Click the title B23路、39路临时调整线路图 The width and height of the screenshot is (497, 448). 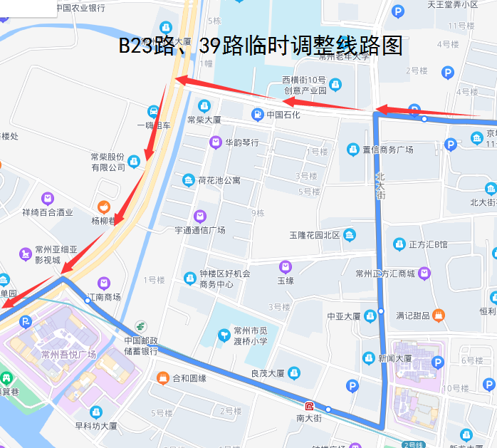pos(261,46)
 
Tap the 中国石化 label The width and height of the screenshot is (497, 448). pos(283,115)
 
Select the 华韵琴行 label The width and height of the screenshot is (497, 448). pos(241,142)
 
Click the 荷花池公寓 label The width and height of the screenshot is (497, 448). pos(219,180)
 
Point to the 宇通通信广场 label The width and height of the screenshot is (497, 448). pos(200,229)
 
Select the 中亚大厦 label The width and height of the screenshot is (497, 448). pos(344,316)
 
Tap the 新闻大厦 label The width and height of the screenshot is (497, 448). pos(395,358)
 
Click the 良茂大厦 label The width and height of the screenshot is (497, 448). pos(268,373)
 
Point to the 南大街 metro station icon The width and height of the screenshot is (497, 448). pos(309,406)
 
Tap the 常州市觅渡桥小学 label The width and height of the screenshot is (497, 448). pos(251,336)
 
